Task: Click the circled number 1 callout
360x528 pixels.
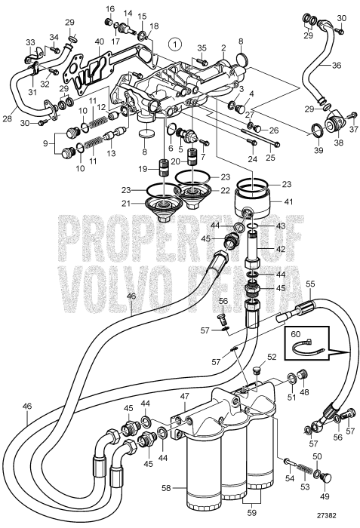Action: point(175,44)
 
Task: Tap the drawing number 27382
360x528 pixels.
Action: point(326,515)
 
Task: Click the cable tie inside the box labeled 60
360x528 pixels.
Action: point(308,348)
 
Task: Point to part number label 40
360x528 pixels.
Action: point(99,41)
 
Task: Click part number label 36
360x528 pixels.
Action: point(336,66)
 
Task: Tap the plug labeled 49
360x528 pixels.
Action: point(326,478)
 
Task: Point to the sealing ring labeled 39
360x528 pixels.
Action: point(316,130)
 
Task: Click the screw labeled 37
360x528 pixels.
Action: point(353,115)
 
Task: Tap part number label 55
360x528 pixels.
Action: point(309,284)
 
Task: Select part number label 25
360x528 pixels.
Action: point(271,157)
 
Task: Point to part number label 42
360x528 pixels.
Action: point(280,249)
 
